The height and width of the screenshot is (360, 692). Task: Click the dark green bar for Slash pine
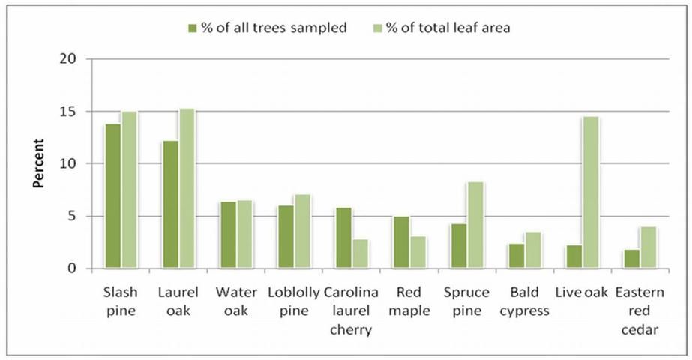[112, 196]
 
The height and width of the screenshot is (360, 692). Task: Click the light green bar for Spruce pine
[474, 225]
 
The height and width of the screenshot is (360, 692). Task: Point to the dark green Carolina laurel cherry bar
[343, 238]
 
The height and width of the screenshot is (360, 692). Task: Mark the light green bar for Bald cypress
[532, 250]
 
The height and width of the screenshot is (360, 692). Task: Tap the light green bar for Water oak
[244, 234]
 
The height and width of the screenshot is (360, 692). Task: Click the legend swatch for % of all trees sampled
[193, 28]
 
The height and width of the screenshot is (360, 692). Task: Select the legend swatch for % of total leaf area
[378, 28]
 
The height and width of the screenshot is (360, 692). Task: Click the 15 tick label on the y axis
[73, 112]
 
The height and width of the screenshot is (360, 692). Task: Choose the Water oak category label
[235, 301]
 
